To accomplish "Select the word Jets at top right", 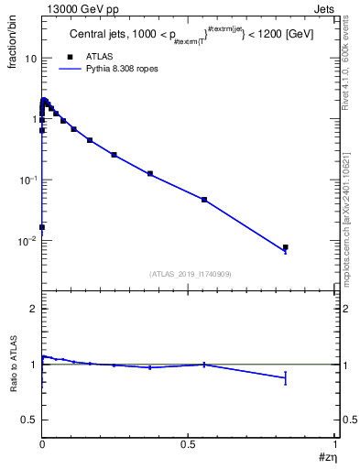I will [x=327, y=8].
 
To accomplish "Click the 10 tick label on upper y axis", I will [x=29, y=58].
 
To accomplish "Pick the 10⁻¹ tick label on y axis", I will [x=27, y=180].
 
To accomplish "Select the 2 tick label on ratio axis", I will [x=32, y=310].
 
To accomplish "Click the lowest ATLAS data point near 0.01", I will [x=42, y=227].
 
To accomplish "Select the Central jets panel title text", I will [x=188, y=36].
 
